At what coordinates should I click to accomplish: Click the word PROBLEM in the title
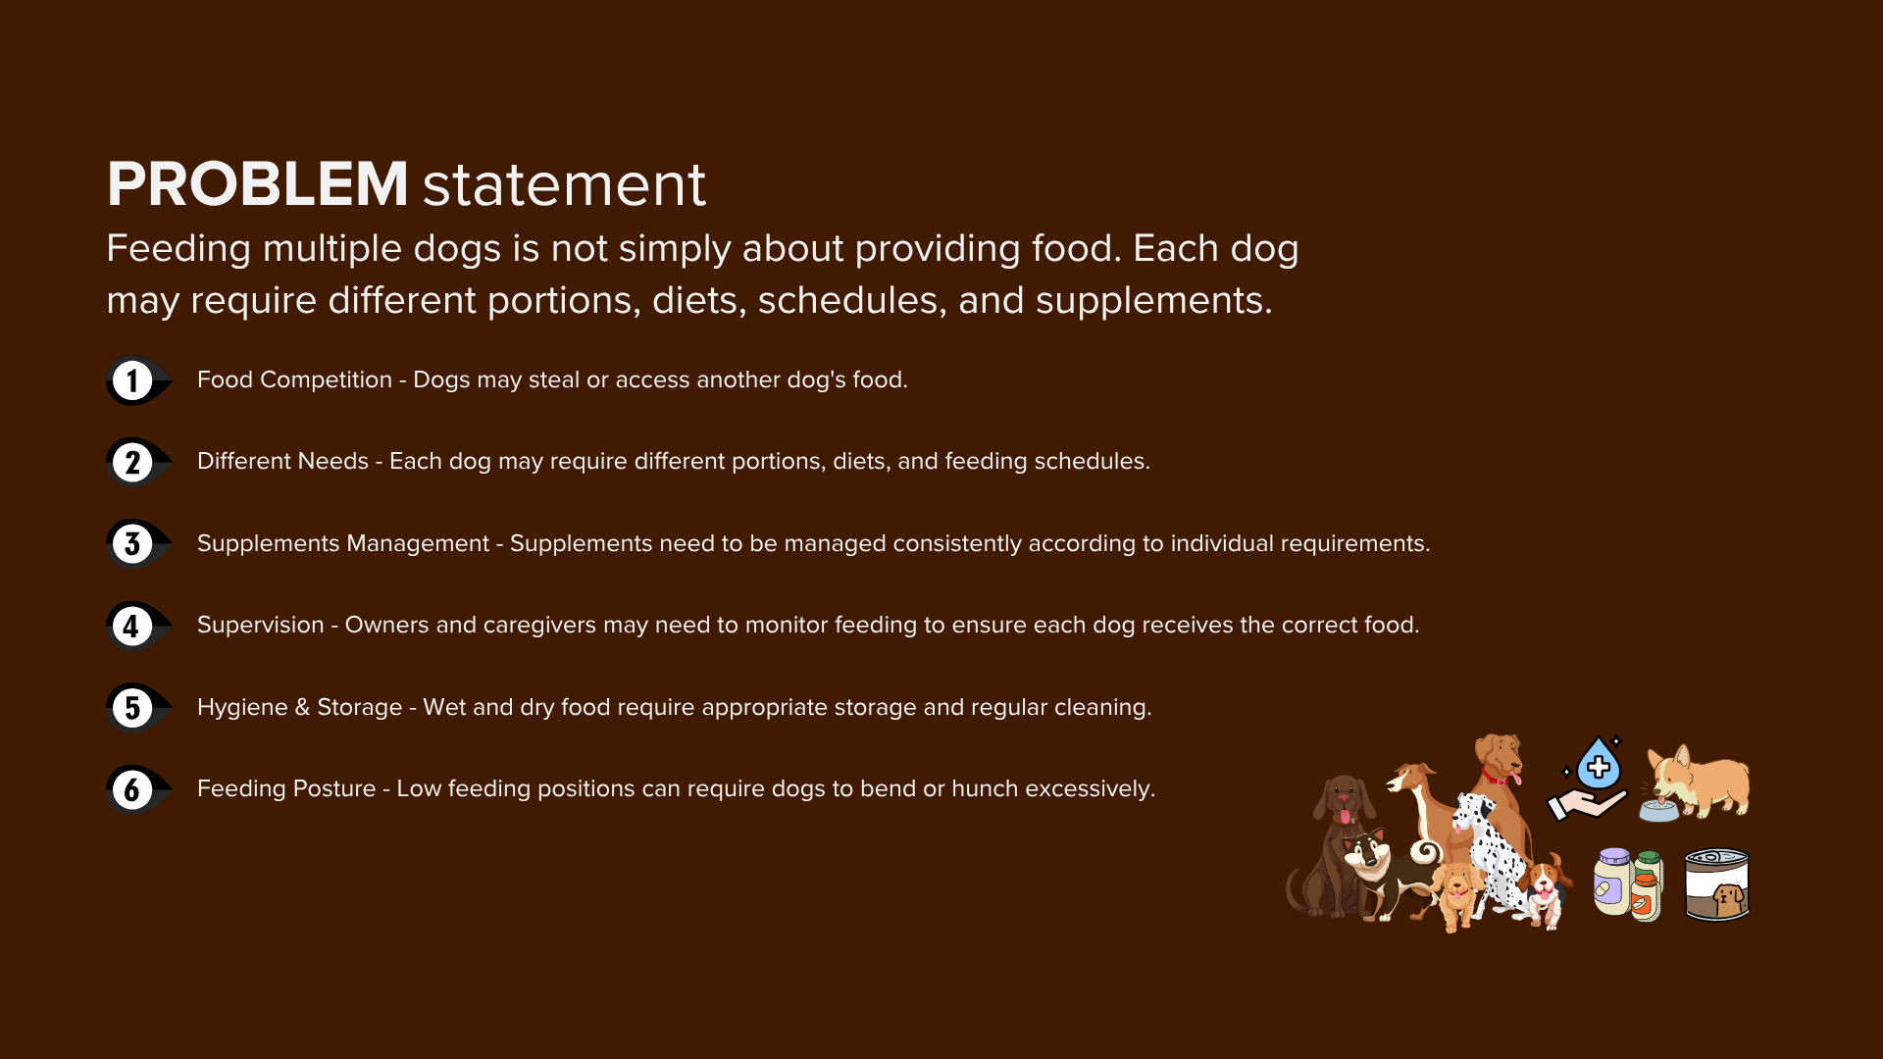coord(257,183)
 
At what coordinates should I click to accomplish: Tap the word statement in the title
coord(564,184)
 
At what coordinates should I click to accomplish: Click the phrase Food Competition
coord(294,380)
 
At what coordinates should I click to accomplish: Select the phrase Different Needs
coord(282,461)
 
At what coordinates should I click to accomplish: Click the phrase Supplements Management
coord(343,544)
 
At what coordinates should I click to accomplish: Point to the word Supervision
coord(260,626)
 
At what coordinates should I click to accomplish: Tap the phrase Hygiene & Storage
coord(299,708)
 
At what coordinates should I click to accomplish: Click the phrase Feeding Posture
coord(286,789)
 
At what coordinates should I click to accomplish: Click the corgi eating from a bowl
coord(1695,783)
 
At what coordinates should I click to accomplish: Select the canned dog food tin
coord(1716,884)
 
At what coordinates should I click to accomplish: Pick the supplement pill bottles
coord(1628,884)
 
